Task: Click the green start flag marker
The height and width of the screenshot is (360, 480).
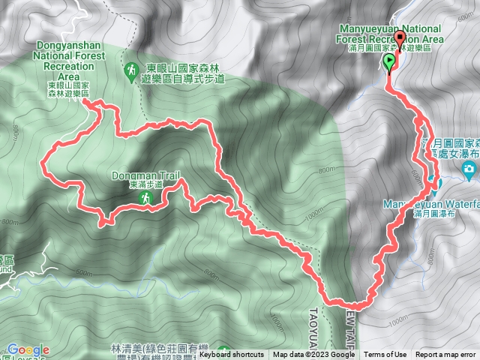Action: [x=390, y=62]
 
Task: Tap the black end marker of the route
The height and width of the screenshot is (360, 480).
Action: [x=399, y=40]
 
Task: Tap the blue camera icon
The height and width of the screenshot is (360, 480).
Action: [x=469, y=171]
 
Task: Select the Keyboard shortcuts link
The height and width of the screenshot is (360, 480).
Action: [x=231, y=355]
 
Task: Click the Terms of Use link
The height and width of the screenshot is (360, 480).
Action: [x=385, y=355]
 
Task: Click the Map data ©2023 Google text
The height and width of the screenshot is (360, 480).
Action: [x=313, y=355]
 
